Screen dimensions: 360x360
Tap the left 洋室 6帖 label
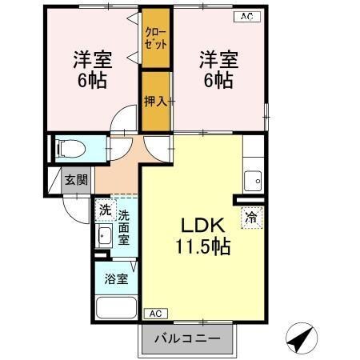(x=92, y=70)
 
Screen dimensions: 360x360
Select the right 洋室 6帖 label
(x=216, y=70)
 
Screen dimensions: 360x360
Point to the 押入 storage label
(x=154, y=101)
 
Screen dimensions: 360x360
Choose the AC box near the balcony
(x=155, y=314)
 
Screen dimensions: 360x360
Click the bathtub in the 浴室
(x=117, y=307)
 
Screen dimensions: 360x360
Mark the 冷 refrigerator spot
(x=251, y=217)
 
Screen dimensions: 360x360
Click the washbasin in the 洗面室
(x=104, y=236)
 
